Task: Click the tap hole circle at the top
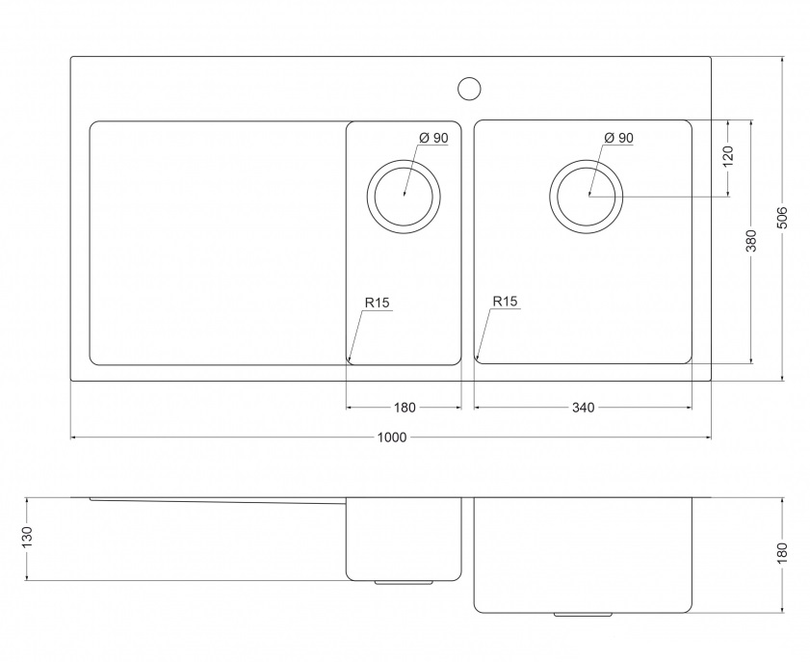pos(469,88)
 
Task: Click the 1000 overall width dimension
pos(392,437)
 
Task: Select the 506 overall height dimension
pos(783,218)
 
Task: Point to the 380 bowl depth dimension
pos(751,241)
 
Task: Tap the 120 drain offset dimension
pos(728,156)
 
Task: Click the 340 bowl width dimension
pos(583,408)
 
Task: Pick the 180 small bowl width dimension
pos(405,408)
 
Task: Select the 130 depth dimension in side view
pos(27,538)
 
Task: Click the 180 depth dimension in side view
pos(783,553)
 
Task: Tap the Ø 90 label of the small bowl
pos(433,138)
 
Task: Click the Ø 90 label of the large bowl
pos(618,138)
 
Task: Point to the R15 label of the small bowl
pos(377,303)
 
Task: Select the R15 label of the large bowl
pos(505,302)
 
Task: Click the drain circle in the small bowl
pos(404,160)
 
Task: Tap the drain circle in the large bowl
pos(586,160)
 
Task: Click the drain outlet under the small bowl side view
pos(404,582)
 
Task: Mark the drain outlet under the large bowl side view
pos(584,614)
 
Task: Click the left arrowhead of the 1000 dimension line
pos(74,437)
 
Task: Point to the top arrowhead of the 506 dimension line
pos(783,60)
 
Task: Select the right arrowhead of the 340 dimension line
pos(688,408)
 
